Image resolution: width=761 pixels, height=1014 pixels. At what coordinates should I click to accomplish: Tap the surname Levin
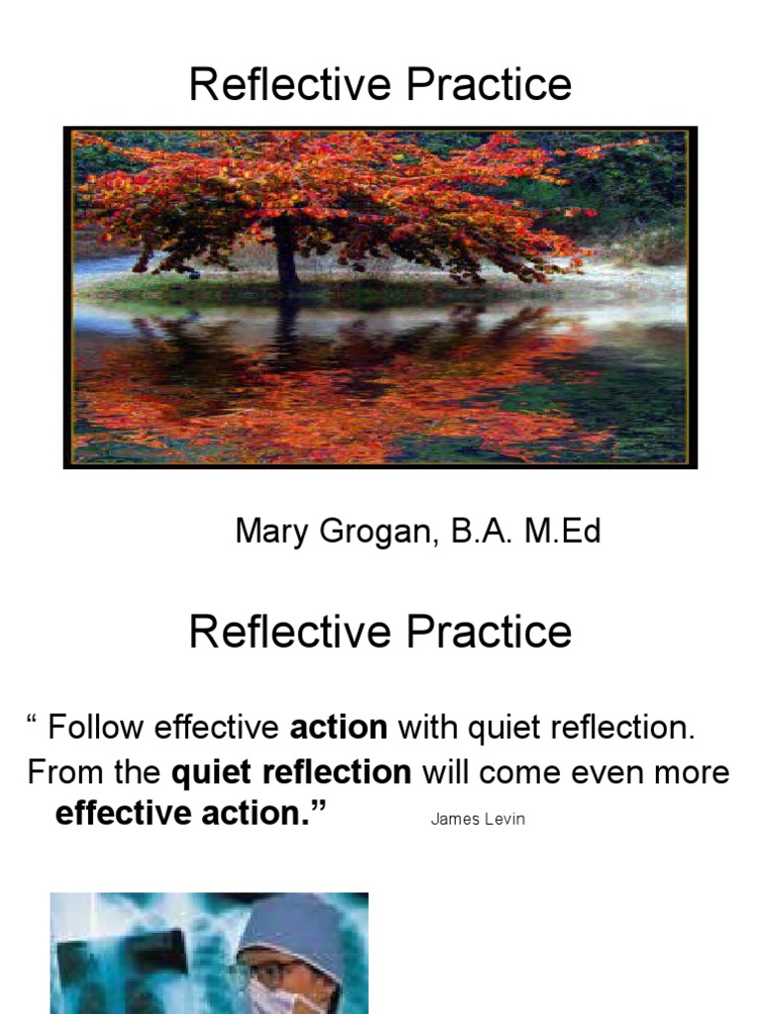pyautogui.click(x=503, y=820)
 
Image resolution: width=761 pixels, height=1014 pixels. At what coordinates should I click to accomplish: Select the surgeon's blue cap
pyautogui.click(x=291, y=921)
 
